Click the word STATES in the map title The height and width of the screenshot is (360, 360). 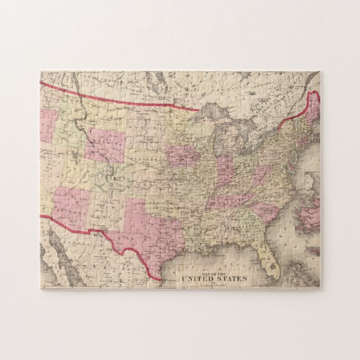click(x=234, y=278)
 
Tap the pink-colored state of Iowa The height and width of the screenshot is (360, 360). click(x=182, y=157)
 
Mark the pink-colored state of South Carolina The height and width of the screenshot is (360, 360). click(x=265, y=211)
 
